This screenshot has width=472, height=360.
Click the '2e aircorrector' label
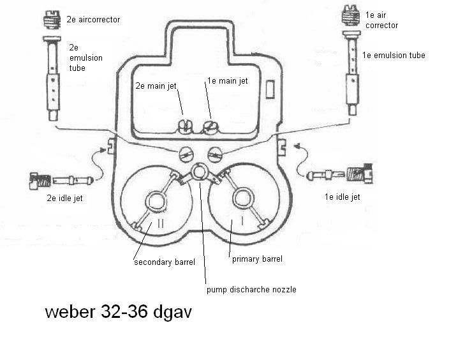pyautogui.click(x=93, y=20)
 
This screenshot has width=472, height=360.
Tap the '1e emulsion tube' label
pyautogui.click(x=393, y=56)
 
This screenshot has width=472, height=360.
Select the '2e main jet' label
pyautogui.click(x=156, y=85)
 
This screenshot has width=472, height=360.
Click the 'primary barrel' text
pyautogui.click(x=255, y=259)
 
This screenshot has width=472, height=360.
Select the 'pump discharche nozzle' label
pyautogui.click(x=251, y=289)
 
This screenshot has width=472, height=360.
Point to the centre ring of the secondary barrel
pyautogui.click(x=156, y=201)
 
